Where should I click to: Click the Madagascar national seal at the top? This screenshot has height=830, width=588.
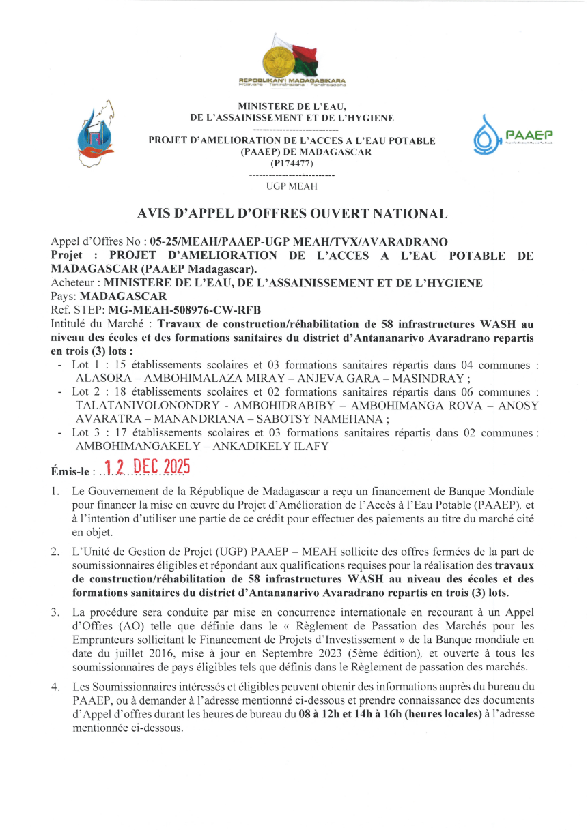tap(279, 58)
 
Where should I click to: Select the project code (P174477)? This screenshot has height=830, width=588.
tap(292, 164)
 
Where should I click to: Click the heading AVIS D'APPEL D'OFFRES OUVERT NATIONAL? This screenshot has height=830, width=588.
tap(293, 213)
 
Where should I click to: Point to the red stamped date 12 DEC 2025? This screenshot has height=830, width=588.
tap(143, 467)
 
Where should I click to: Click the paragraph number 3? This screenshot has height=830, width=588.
tap(54, 612)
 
